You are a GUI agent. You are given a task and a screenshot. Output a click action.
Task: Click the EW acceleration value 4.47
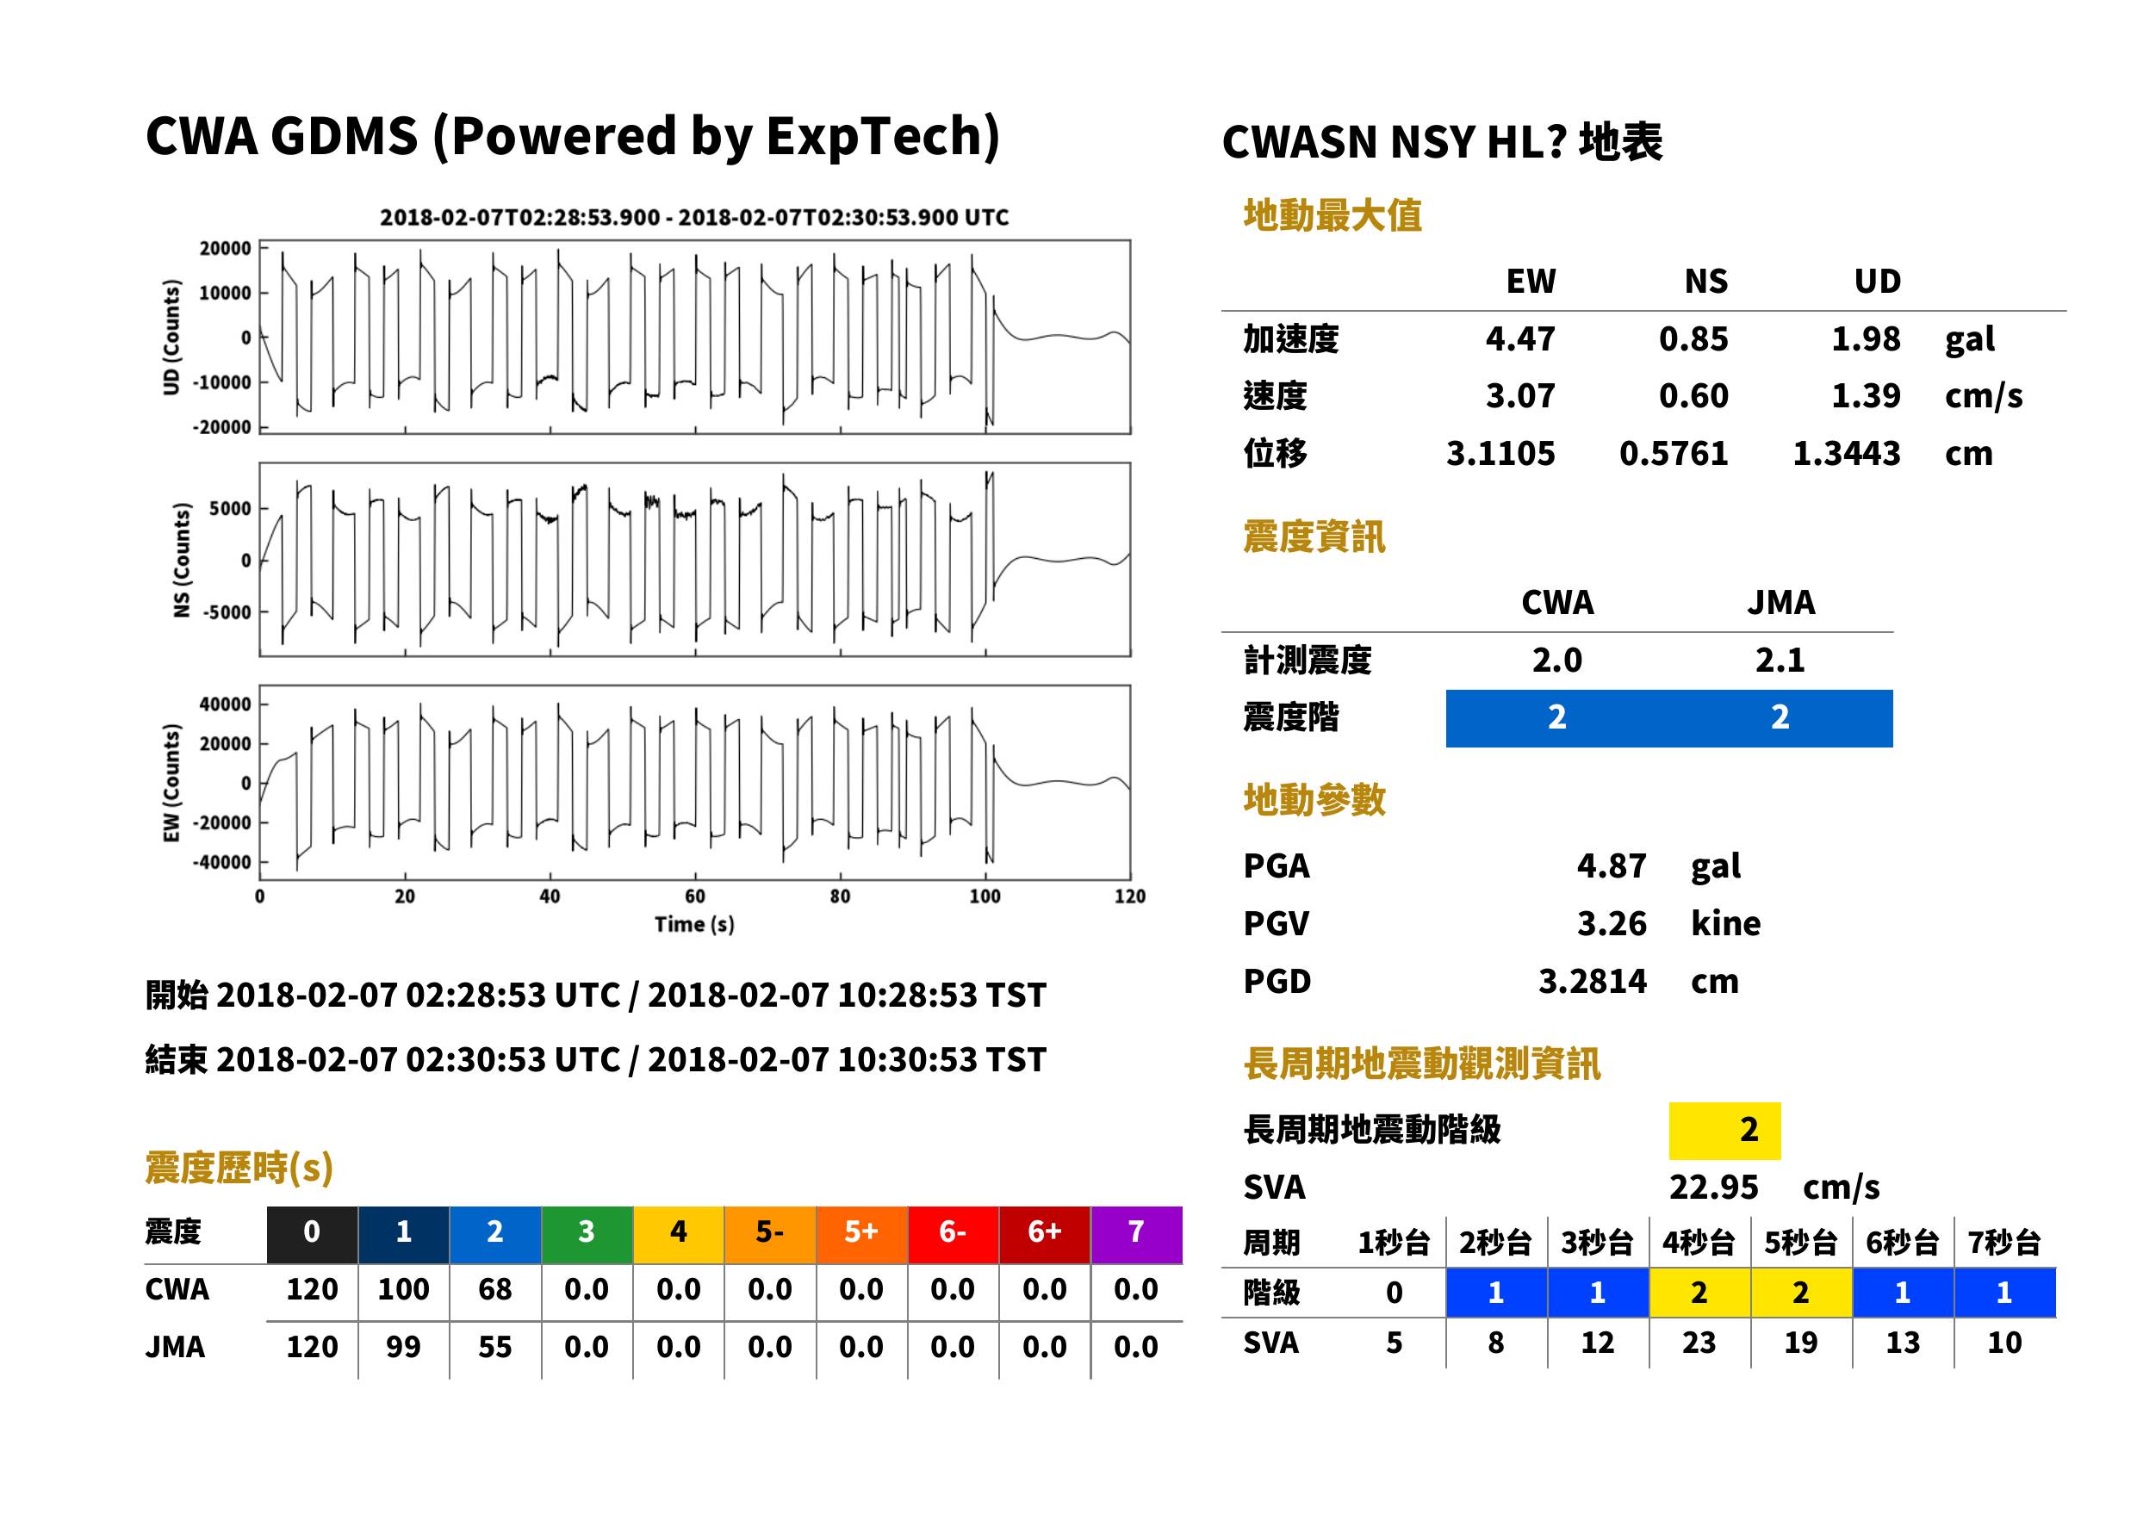click(1519, 338)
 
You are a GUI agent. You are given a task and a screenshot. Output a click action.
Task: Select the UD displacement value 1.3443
click(1846, 453)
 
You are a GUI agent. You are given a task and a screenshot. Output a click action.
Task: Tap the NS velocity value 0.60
click(1693, 395)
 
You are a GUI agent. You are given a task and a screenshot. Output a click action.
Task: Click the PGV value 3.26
click(1612, 922)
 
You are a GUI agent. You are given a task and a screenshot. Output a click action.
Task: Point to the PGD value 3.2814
click(1592, 981)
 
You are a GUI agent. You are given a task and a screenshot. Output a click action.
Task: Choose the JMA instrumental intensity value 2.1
click(1780, 660)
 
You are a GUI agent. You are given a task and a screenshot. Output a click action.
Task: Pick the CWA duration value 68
click(495, 1289)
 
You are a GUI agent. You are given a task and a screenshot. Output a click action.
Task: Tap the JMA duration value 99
click(403, 1347)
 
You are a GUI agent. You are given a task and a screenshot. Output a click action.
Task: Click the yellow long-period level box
click(1724, 1131)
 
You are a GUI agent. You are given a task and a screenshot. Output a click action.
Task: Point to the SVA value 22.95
click(1713, 1187)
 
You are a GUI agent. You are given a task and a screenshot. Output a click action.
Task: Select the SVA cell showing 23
click(1698, 1342)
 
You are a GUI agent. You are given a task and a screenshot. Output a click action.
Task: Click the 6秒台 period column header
click(1902, 1242)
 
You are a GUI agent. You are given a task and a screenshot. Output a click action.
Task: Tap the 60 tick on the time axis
click(694, 896)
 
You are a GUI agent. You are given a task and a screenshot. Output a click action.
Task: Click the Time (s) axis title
click(694, 925)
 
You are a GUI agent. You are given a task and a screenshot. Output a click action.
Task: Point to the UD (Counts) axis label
click(170, 338)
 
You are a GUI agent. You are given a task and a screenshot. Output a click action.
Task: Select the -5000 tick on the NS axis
click(229, 611)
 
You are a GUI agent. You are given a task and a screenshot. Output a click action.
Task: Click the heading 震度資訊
click(1314, 537)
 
